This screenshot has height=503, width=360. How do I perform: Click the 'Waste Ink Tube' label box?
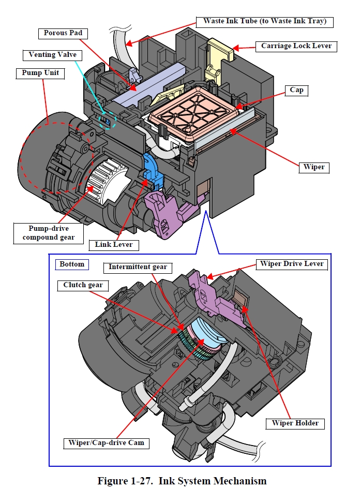click(264, 22)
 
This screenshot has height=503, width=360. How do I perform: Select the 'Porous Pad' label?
click(63, 33)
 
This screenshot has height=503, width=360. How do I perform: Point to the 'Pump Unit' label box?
click(40, 73)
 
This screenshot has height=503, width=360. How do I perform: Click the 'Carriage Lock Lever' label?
click(296, 46)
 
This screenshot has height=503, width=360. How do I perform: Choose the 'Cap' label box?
click(296, 90)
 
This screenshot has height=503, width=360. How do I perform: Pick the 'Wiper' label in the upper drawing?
click(314, 167)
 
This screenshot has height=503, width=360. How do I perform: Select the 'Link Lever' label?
click(113, 244)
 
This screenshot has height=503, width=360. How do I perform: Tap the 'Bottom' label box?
click(71, 264)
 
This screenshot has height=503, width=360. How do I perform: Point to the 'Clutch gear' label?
click(83, 285)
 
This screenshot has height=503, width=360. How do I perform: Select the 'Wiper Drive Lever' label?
click(292, 264)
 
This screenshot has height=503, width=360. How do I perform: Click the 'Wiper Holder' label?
click(295, 423)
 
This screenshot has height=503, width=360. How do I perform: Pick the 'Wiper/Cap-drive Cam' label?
click(107, 443)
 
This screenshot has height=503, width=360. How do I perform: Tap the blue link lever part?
click(153, 168)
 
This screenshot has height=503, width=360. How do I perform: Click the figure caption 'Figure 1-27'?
click(182, 481)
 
